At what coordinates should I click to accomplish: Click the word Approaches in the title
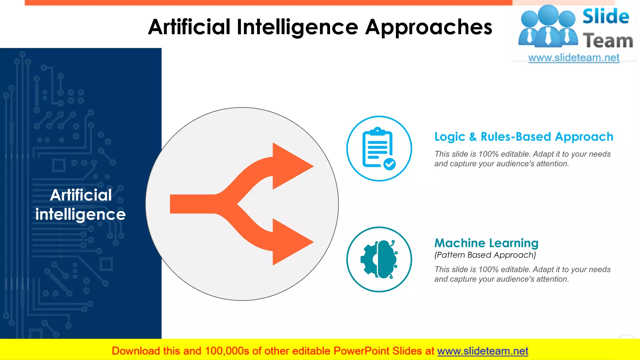click(x=428, y=27)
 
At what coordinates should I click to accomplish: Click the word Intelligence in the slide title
click(x=297, y=27)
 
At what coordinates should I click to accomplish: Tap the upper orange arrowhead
click(x=291, y=166)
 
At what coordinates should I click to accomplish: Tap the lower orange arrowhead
click(x=291, y=242)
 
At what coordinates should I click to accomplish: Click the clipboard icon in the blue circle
click(x=377, y=148)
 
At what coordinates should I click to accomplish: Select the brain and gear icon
click(x=379, y=259)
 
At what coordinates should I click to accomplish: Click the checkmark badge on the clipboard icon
click(x=389, y=164)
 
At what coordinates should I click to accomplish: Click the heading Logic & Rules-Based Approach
click(x=524, y=137)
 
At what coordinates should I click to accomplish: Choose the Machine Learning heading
click(x=486, y=243)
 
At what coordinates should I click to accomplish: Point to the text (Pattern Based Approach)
click(x=485, y=255)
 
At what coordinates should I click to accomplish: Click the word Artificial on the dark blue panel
click(x=81, y=195)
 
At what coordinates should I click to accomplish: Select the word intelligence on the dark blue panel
click(x=80, y=214)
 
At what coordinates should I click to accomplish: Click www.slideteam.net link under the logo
click(x=574, y=58)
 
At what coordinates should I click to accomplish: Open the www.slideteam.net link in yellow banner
click(x=482, y=351)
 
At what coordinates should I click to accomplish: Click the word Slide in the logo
click(x=605, y=17)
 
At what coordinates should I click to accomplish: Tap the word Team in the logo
click(x=607, y=41)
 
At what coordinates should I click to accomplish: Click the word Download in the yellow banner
click(x=136, y=351)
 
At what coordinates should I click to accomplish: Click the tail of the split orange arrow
click(x=187, y=204)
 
